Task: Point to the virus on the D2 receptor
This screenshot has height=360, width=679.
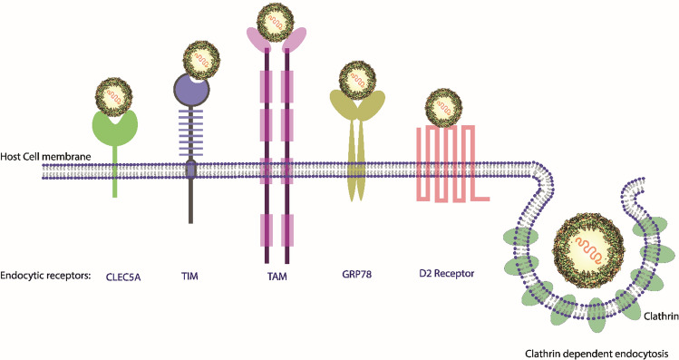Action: (x=443, y=106)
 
